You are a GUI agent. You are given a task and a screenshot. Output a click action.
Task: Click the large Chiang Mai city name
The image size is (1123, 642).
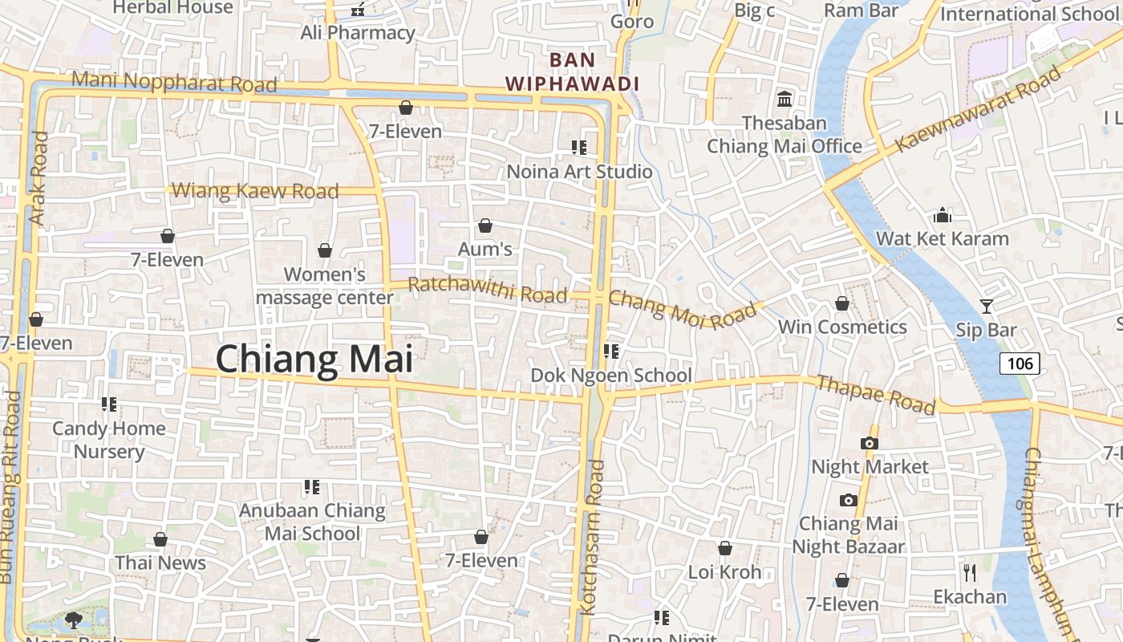[314, 359]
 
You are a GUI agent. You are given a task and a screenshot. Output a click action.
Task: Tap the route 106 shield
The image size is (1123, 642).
[1020, 364]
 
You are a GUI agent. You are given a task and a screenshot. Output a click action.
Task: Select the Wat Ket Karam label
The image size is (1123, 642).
[942, 238]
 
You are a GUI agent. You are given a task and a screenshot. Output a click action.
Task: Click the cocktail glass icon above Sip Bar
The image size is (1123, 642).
[986, 306]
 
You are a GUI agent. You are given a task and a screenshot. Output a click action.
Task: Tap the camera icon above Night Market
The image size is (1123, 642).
[869, 443]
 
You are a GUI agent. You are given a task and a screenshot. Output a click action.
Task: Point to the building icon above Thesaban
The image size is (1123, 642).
[784, 100]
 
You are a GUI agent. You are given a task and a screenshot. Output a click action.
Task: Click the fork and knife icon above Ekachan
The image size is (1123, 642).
[969, 572]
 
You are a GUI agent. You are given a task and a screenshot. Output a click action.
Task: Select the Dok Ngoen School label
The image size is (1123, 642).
[611, 375]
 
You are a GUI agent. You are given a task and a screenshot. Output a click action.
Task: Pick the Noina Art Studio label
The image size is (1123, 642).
[579, 171]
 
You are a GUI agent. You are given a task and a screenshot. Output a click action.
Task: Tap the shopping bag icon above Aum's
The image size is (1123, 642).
[484, 226]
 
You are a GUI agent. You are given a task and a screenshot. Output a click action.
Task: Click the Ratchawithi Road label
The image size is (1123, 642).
[487, 289]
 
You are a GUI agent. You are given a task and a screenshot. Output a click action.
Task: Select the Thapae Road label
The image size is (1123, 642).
[875, 393]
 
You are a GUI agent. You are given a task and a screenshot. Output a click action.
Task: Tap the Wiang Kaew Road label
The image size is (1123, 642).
[255, 191]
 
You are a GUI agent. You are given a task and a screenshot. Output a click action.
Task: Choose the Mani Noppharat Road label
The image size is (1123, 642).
[174, 81]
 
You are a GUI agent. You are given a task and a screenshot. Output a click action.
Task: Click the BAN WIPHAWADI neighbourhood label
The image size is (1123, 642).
[572, 71]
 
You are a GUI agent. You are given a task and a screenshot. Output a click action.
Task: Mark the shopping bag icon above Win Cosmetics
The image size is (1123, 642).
[841, 303]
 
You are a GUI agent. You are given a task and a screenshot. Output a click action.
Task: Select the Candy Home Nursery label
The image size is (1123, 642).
[109, 440]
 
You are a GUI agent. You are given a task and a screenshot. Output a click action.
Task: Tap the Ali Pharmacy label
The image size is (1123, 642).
[358, 33]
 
